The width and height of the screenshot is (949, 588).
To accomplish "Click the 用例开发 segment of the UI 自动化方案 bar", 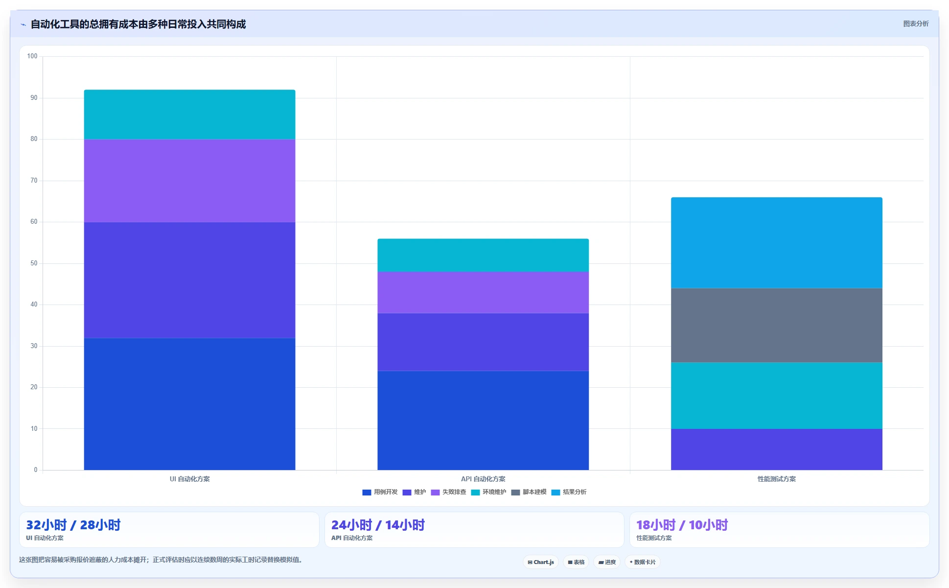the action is pyautogui.click(x=189, y=404).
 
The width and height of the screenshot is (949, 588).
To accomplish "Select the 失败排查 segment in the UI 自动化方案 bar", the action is pyautogui.click(x=189, y=181).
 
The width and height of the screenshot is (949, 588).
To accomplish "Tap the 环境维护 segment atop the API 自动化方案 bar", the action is pyautogui.click(x=483, y=255).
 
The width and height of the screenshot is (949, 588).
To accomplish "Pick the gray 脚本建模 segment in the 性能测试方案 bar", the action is pyautogui.click(x=777, y=325).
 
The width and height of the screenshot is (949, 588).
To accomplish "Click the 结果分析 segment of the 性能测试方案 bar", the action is pyautogui.click(x=777, y=243).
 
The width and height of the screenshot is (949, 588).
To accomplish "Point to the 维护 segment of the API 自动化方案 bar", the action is pyautogui.click(x=483, y=342).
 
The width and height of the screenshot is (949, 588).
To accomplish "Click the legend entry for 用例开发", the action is pyautogui.click(x=380, y=492).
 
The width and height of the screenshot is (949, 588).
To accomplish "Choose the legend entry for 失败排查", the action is pyautogui.click(x=448, y=492).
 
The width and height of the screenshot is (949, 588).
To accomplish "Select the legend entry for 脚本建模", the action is pyautogui.click(x=529, y=492).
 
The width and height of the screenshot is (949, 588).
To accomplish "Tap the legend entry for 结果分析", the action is pyautogui.click(x=569, y=492).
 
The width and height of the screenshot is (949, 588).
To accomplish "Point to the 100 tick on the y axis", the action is pyautogui.click(x=32, y=56).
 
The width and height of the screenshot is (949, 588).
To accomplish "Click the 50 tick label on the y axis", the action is pyautogui.click(x=34, y=263).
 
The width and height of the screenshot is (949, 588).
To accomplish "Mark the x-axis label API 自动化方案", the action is pyautogui.click(x=483, y=479).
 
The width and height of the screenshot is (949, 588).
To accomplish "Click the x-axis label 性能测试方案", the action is pyautogui.click(x=777, y=479).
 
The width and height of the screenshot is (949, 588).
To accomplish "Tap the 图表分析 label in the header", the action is pyautogui.click(x=916, y=24).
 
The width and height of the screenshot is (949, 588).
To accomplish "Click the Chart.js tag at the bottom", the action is pyautogui.click(x=541, y=562).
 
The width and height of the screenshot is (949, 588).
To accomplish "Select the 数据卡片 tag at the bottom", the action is pyautogui.click(x=642, y=562).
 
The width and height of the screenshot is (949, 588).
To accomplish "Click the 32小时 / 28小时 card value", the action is pyautogui.click(x=73, y=525).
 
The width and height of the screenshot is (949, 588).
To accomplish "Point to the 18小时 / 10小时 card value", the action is pyautogui.click(x=682, y=525).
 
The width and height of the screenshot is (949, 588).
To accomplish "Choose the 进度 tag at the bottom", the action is pyautogui.click(x=607, y=562).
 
